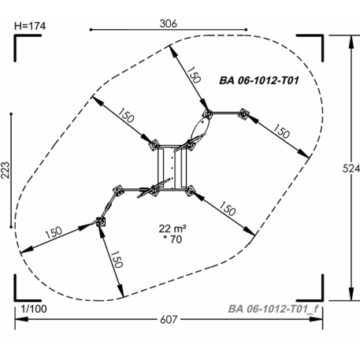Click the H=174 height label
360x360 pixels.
click(30, 26)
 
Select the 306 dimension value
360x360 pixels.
click(169, 24)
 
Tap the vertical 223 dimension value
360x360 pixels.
click(6, 170)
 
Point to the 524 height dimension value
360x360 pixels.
click(351, 169)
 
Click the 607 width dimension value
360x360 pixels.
click(169, 320)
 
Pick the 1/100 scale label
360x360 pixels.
click(34, 309)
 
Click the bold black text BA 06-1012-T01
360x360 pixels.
click(259, 80)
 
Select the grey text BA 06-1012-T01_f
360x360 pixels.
click(273, 309)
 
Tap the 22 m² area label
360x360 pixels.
click(173, 228)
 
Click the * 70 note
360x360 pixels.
click(173, 239)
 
